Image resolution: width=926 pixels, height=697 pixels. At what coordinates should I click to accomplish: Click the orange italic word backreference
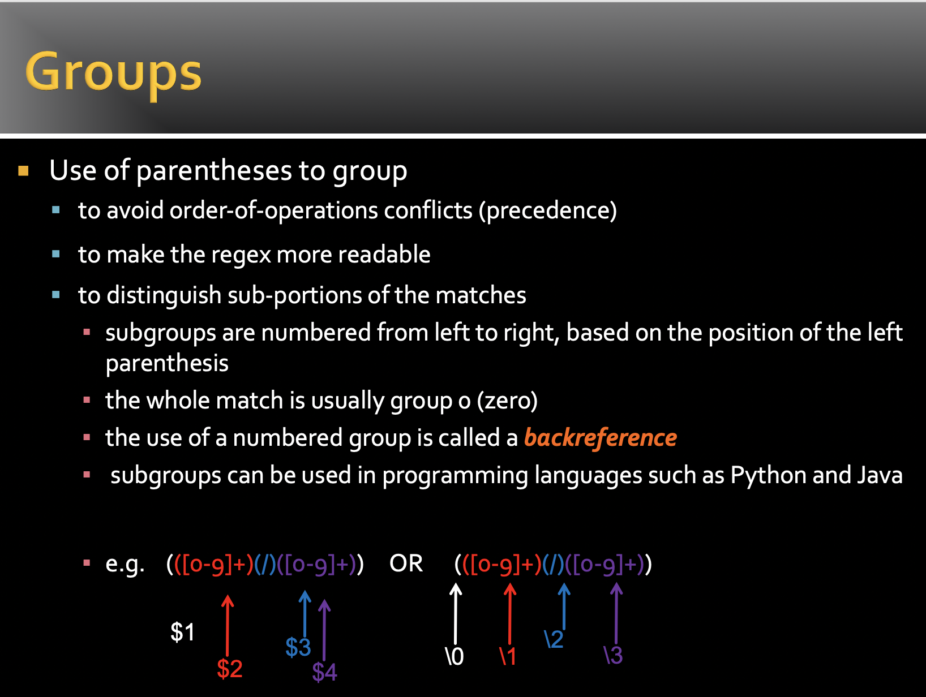601,438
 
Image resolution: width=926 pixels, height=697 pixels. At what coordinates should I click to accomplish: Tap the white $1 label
183,632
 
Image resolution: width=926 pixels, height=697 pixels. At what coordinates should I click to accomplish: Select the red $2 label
229,668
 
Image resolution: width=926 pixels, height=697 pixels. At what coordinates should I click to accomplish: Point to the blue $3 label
298,647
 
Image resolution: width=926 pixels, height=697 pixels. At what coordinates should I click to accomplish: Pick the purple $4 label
324,672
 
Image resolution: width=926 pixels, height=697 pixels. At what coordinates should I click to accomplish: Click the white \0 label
455,656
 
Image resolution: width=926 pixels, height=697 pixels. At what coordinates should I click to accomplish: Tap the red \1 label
508,656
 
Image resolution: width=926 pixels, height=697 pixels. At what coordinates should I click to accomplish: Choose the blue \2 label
554,639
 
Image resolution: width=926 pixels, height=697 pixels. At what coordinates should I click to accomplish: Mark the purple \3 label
613,655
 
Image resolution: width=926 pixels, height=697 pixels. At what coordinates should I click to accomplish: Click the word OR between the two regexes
406,563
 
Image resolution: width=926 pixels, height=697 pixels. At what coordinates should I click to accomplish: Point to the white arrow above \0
455,613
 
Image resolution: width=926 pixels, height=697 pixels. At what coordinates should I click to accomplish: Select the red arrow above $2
228,625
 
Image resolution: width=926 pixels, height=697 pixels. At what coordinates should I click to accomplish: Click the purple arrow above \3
616,613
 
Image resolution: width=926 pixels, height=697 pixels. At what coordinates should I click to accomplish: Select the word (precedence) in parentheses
547,211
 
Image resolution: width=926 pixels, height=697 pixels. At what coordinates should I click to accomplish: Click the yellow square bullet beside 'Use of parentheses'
23,171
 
